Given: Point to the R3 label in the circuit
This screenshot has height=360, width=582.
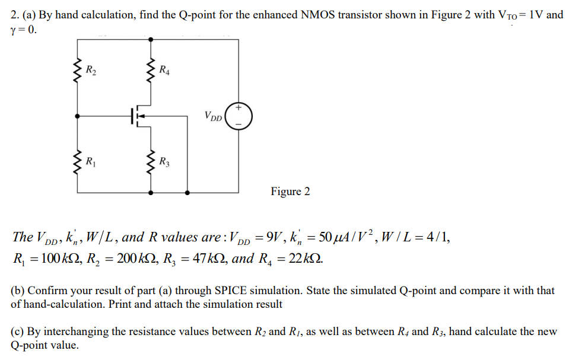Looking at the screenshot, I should tap(164, 160).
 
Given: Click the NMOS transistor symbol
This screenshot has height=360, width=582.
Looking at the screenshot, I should tap(140, 114).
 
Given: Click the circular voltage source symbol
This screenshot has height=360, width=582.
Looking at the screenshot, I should tap(238, 116).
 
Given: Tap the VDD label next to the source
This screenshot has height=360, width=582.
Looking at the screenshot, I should tap(213, 116).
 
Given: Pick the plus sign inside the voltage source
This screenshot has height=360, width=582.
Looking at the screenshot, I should tap(238, 108).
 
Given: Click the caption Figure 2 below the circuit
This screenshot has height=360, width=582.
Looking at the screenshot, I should tap(290, 192).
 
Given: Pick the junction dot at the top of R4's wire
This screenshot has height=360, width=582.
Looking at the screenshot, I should tap(151, 39).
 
